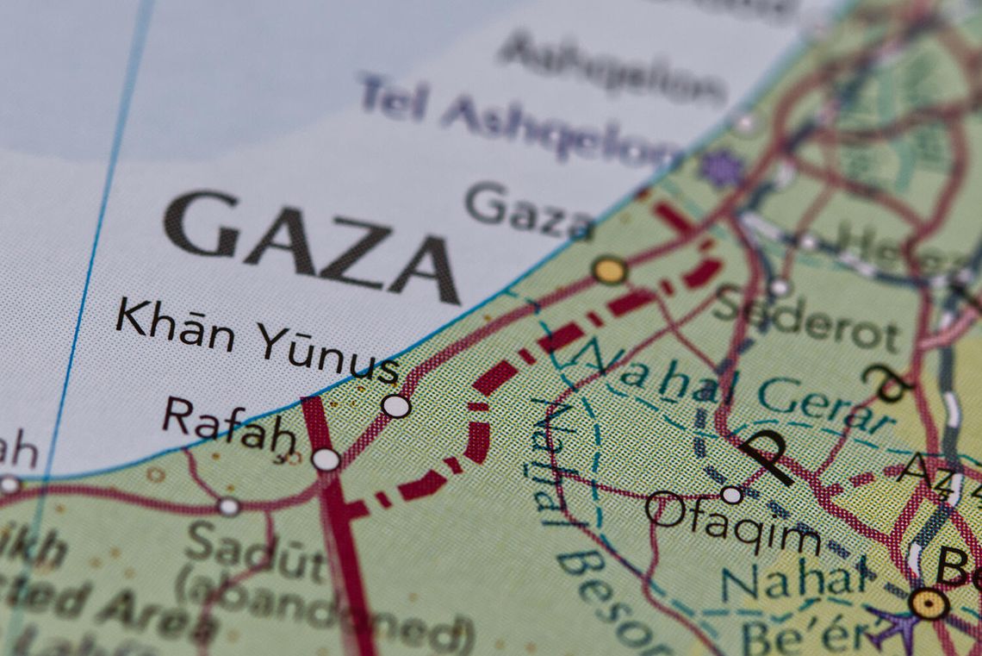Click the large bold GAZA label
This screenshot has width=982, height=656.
tap(310, 246)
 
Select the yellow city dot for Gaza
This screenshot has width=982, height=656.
tap(609, 270)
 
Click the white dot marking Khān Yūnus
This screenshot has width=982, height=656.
tap(395, 406)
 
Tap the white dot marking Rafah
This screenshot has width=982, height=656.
tap(326, 459)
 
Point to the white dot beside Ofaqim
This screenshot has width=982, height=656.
tap(731, 495)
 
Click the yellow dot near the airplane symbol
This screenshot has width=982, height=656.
tap(929, 603)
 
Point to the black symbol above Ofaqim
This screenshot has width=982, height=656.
tap(766, 455)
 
